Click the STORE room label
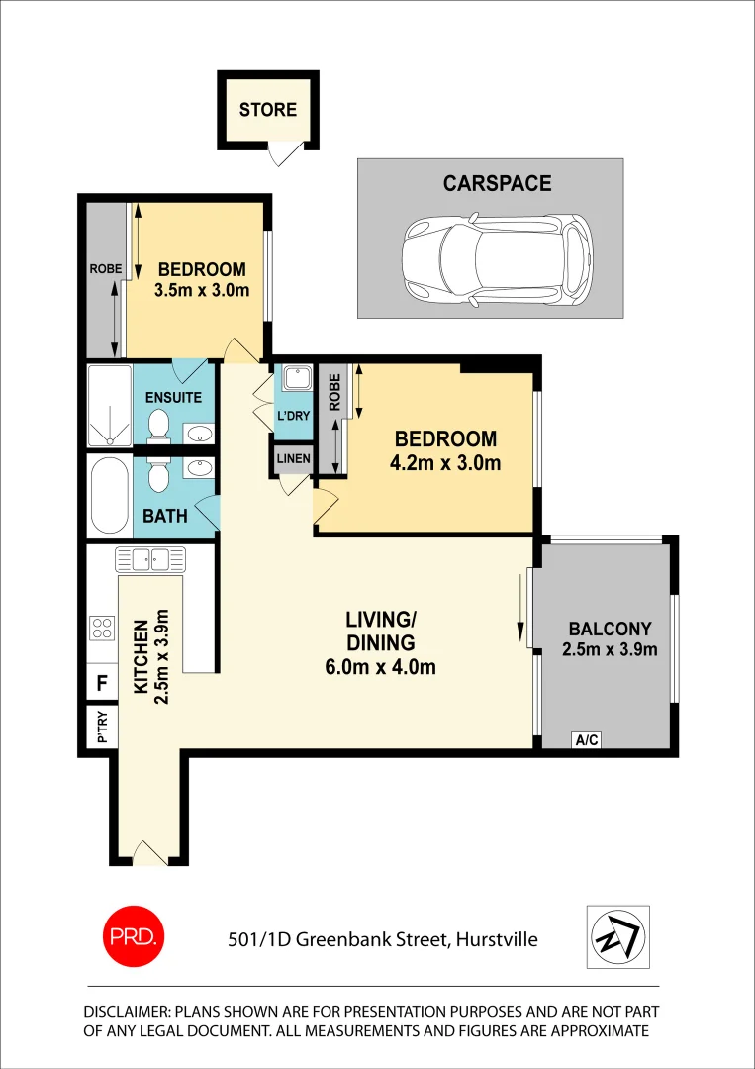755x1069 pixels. pos(267,109)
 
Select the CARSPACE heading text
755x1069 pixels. pos(497,183)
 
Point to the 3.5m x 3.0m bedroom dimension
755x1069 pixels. pos(201,291)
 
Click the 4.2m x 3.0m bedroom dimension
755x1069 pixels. pos(445,462)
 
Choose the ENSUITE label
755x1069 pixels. pos(173,397)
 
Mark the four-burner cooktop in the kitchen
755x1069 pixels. pos(101,627)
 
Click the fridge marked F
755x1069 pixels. pos(101,683)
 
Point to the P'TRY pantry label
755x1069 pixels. pos(101,728)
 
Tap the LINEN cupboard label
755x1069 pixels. pos(294,458)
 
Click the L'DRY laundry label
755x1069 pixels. pos(294,416)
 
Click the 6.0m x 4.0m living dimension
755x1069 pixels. pos(380,667)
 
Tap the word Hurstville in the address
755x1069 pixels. pos(496,939)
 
